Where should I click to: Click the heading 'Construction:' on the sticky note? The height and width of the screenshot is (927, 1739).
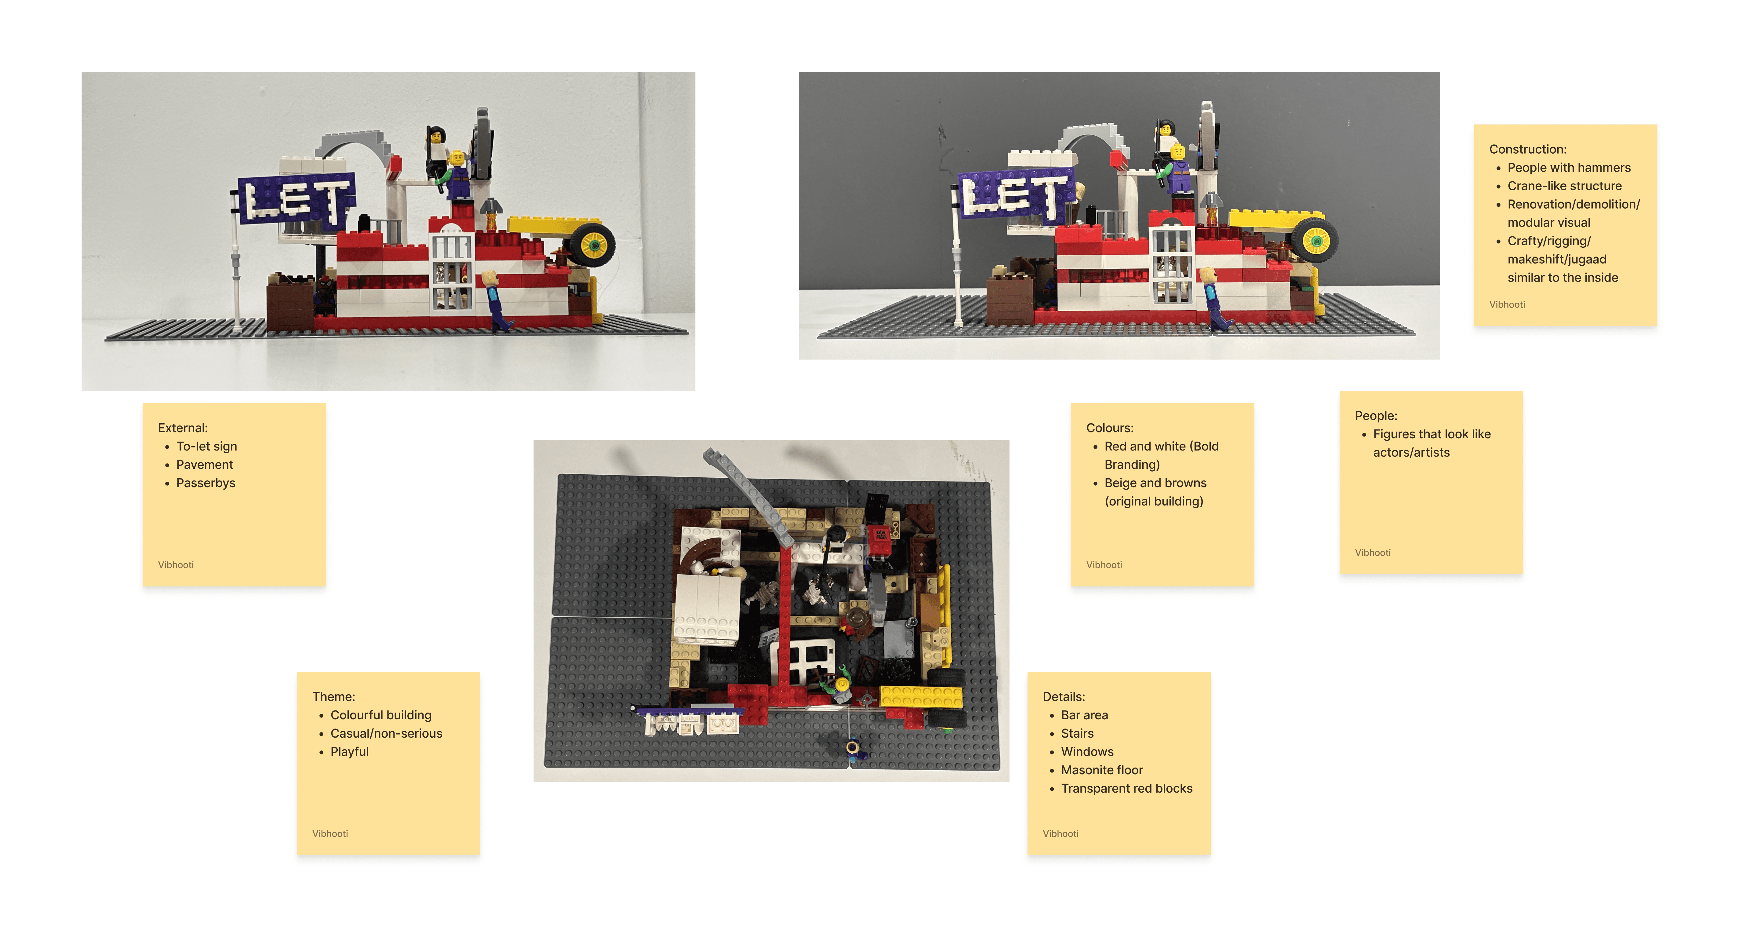click(1528, 149)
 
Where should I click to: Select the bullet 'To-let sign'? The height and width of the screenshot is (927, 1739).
click(207, 446)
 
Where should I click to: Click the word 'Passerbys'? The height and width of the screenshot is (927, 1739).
click(206, 483)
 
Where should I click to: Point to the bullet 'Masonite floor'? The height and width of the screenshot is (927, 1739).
click(1102, 770)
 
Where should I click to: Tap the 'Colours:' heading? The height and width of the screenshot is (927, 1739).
click(1110, 428)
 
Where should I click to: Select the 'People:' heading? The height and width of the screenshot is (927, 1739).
click(1376, 416)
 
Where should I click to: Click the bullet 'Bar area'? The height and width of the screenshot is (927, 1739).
click(1084, 715)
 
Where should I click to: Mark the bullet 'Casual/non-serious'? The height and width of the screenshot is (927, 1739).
click(386, 733)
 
